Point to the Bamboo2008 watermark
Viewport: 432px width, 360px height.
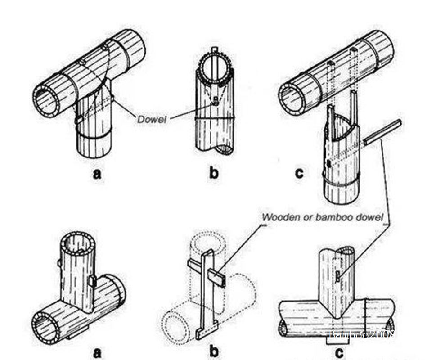click(362, 334)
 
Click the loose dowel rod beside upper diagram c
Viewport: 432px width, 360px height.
click(382, 131)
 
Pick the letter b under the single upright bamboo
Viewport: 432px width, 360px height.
click(214, 174)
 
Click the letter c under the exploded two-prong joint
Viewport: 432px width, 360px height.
click(299, 174)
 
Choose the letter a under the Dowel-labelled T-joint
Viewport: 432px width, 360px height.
click(96, 174)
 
